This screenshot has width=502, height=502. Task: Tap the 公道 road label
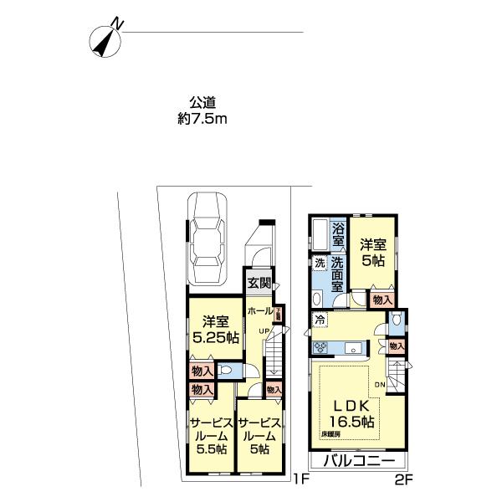(x=202, y=103)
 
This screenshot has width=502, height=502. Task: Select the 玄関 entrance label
(x=258, y=283)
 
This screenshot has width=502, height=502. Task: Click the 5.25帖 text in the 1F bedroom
(x=216, y=338)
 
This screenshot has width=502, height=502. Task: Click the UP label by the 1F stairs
(x=263, y=330)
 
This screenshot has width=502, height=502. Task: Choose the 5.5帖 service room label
(x=208, y=450)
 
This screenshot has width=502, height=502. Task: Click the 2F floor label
(x=404, y=480)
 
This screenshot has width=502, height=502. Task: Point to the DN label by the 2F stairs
(x=379, y=384)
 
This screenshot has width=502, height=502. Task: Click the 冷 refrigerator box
(x=320, y=319)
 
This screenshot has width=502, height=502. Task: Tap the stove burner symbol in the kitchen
(x=320, y=347)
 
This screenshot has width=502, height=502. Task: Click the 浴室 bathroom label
(x=338, y=234)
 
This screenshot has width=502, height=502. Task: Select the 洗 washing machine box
(x=320, y=264)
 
